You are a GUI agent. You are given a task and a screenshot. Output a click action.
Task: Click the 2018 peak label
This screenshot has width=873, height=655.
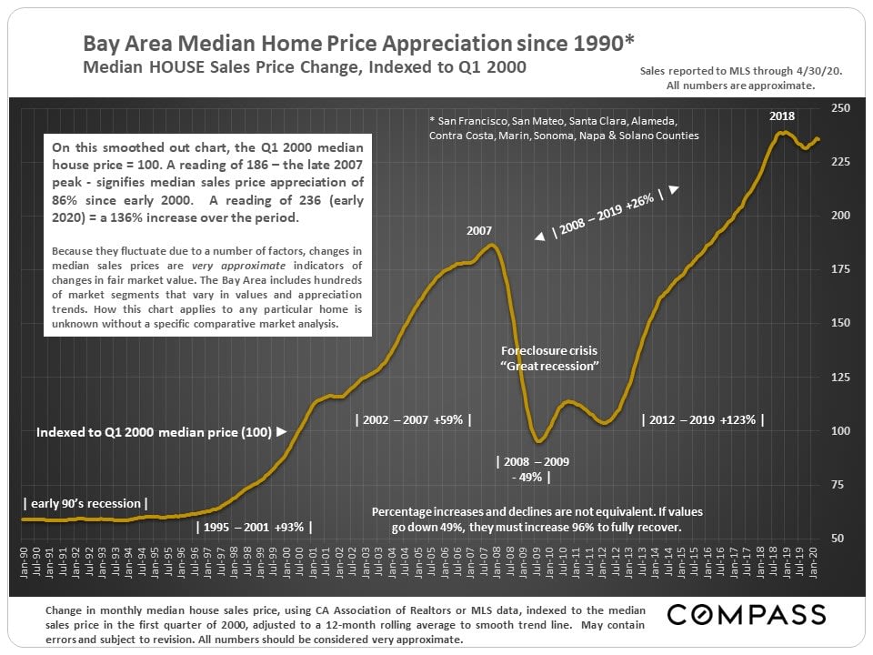click(782, 116)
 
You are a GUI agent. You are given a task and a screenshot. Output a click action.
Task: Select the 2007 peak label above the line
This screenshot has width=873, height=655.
click(479, 231)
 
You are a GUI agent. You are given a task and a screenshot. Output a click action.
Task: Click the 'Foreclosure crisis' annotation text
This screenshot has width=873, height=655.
click(549, 350)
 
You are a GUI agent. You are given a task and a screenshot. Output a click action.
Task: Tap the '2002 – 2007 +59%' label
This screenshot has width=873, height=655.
click(413, 419)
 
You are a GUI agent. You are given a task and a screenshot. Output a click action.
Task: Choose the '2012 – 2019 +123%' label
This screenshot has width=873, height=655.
click(703, 419)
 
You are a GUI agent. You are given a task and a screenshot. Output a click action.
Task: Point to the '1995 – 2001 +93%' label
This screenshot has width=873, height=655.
click(256, 527)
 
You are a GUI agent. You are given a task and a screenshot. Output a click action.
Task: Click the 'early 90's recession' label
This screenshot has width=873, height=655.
click(85, 503)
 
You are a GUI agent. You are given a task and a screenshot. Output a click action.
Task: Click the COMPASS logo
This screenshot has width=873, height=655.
click(747, 614)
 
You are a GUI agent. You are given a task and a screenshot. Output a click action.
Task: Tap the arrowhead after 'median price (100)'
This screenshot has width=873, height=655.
click(281, 432)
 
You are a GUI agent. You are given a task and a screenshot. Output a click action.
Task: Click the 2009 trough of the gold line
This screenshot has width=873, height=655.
click(539, 442)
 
